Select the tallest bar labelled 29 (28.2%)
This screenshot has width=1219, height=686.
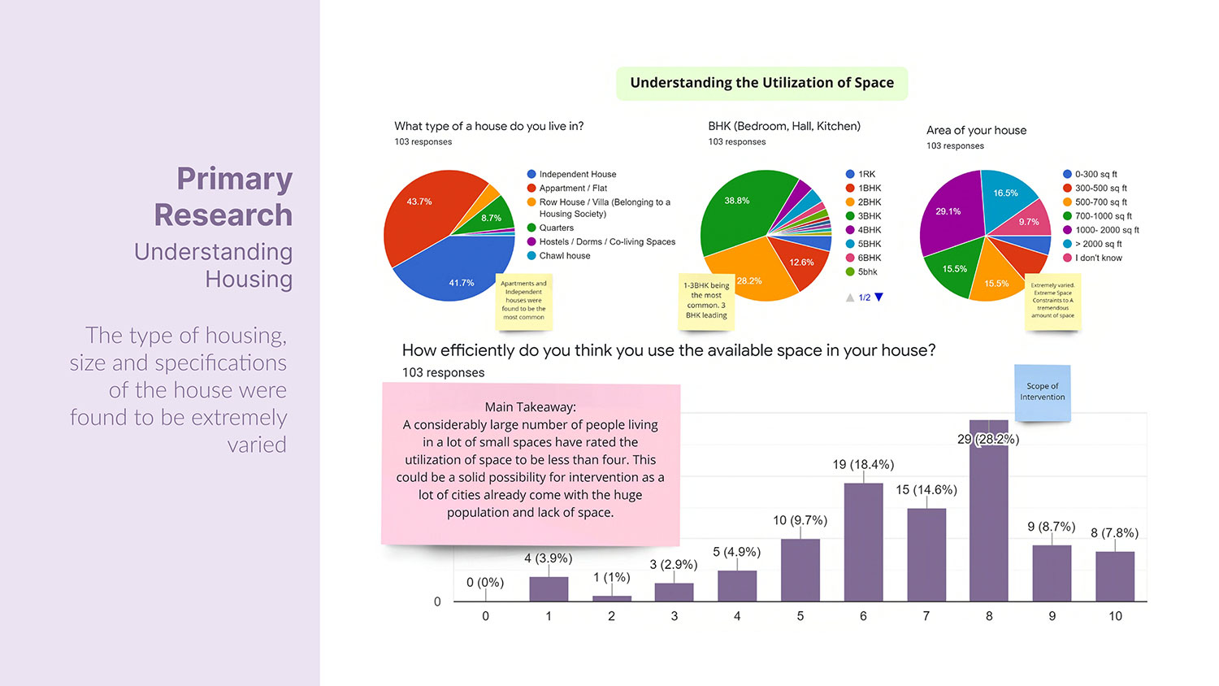coord(988,520)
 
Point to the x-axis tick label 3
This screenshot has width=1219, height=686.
coord(675,616)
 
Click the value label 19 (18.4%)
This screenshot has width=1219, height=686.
coord(863,464)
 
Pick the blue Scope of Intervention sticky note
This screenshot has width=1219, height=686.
coord(1043,393)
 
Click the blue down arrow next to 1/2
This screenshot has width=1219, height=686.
coord(878,297)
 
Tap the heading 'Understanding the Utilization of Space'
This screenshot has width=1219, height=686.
coord(761,83)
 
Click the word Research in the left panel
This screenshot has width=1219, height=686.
coord(223,215)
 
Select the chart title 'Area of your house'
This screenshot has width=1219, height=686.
coord(976,130)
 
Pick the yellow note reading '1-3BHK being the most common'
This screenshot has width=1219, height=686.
coord(706,301)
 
